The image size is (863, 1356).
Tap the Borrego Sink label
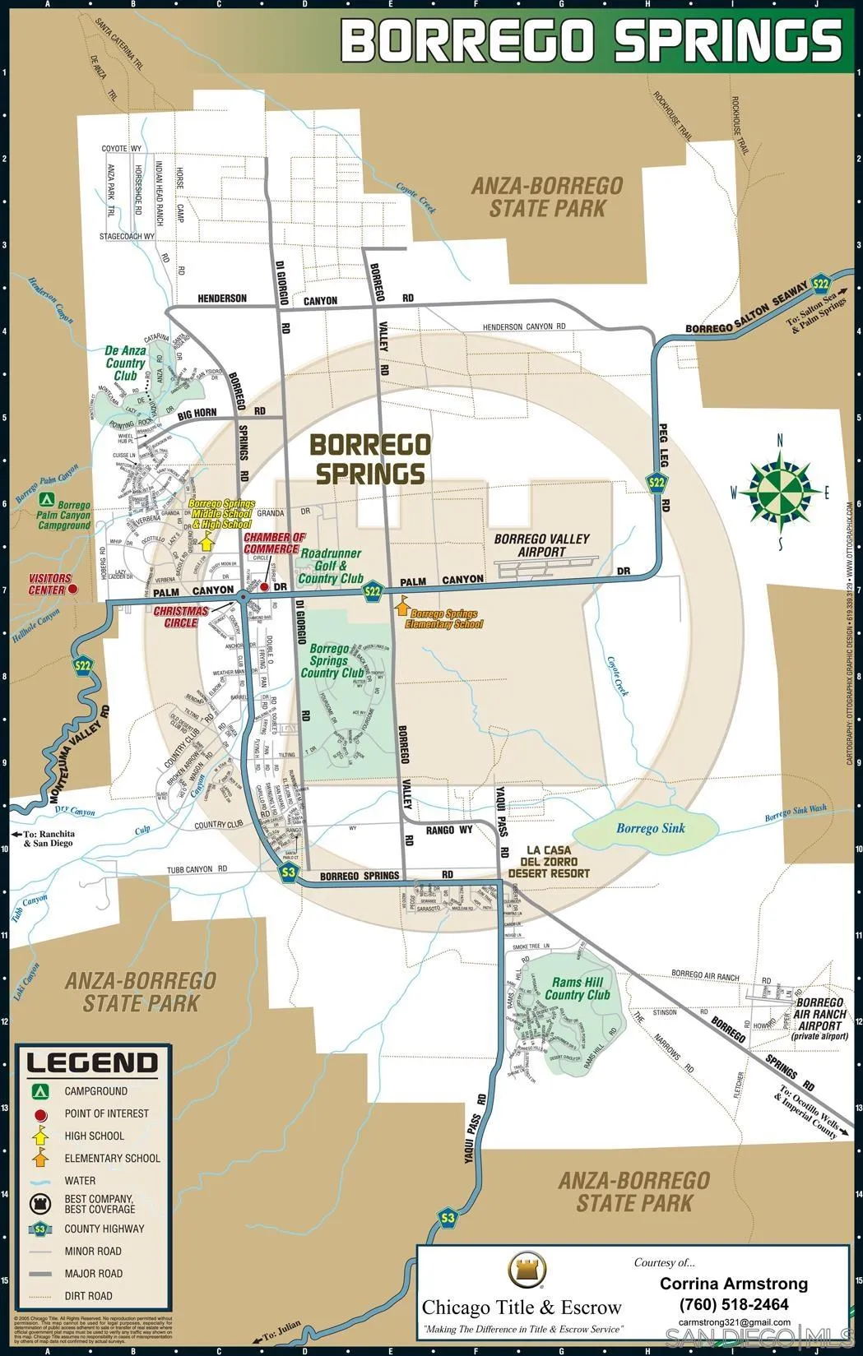pyautogui.click(x=650, y=828)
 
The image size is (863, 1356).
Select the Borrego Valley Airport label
pyautogui.click(x=542, y=545)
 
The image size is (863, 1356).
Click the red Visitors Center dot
pyautogui.click(x=72, y=589)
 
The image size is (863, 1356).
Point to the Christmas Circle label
pyautogui.click(x=181, y=617)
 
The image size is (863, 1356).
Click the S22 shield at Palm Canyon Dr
pyautogui.click(x=374, y=590)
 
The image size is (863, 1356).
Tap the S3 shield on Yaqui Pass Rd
pyautogui.click(x=448, y=1217)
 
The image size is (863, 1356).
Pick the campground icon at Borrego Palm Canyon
pyautogui.click(x=47, y=499)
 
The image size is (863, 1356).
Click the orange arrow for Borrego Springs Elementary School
pyautogui.click(x=402, y=608)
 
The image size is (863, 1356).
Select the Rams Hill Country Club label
pyautogui.click(x=578, y=988)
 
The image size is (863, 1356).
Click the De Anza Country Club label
pyautogui.click(x=125, y=363)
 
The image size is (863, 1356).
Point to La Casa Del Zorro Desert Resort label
pyautogui.click(x=549, y=861)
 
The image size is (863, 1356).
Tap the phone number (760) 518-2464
pyautogui.click(x=734, y=1304)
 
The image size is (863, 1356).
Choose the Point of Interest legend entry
pyautogui.click(x=106, y=1113)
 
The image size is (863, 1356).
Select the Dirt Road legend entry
pyautogui.click(x=88, y=1296)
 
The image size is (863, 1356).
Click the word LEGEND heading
pyautogui.click(x=92, y=1063)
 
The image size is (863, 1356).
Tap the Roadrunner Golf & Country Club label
pyautogui.click(x=331, y=566)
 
